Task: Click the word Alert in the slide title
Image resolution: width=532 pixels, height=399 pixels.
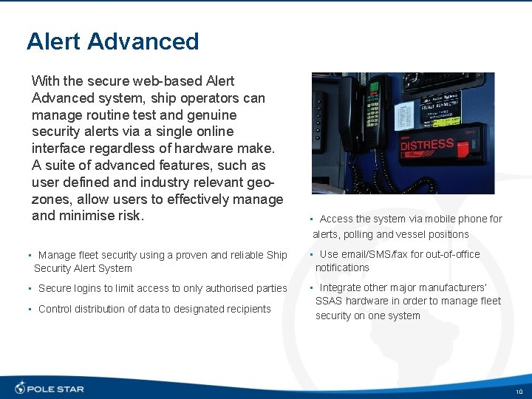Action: tap(53, 41)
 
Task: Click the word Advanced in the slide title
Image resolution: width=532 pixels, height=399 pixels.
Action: tap(143, 41)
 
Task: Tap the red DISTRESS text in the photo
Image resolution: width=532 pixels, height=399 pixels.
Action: tap(426, 144)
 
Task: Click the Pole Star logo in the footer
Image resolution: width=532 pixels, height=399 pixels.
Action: tap(50, 388)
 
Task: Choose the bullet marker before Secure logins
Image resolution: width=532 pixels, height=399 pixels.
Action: tap(29, 289)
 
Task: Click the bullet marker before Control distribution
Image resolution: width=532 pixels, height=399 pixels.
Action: tap(29, 310)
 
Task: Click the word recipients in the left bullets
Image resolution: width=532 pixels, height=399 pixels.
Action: tap(246, 309)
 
